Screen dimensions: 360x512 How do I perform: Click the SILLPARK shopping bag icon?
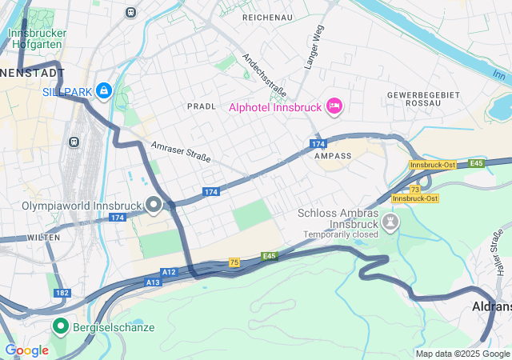tap(103, 91)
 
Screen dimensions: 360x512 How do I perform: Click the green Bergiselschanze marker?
tap(60, 326)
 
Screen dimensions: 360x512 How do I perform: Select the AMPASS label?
tap(334, 156)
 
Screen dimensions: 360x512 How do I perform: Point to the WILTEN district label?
tap(43, 238)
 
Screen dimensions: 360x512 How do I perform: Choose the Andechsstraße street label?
tap(264, 74)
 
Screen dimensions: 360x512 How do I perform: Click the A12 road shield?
tap(169, 273)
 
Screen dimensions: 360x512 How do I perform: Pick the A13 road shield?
tap(154, 282)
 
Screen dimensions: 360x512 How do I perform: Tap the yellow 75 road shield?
tap(234, 262)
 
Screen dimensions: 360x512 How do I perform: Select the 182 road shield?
tap(62, 294)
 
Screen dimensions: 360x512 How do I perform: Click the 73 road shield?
tap(414, 188)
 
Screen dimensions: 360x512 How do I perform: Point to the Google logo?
tap(26, 350)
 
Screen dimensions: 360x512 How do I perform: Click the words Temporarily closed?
tap(340, 235)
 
